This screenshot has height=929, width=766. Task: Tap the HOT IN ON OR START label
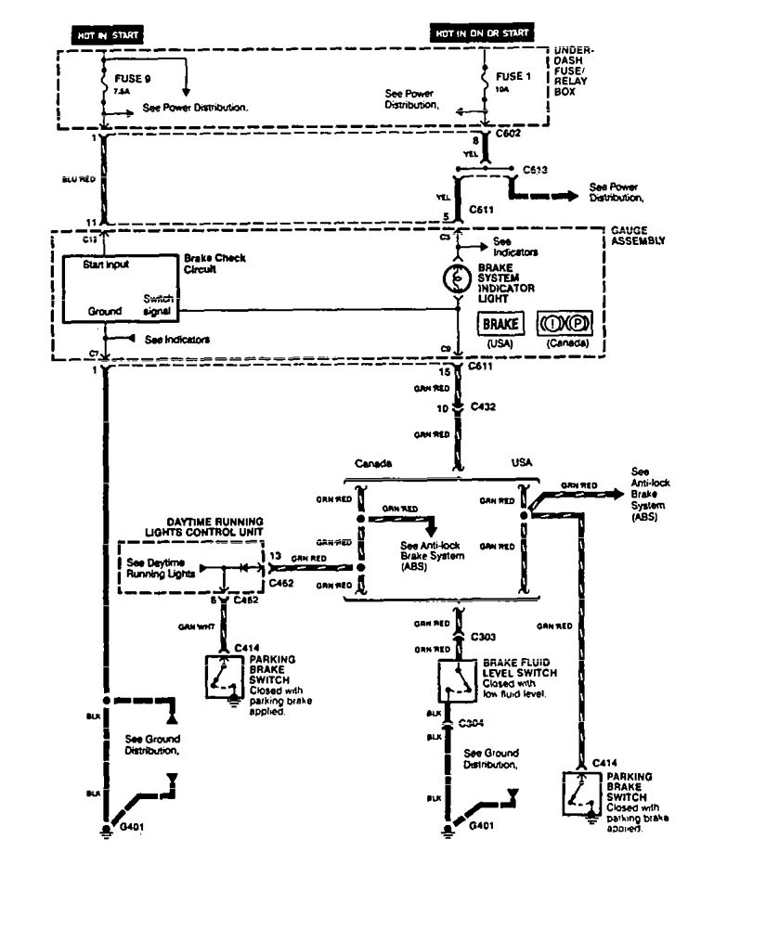tap(483, 34)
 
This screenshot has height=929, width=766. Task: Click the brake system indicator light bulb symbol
tap(457, 277)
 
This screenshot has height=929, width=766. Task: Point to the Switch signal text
tap(158, 306)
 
